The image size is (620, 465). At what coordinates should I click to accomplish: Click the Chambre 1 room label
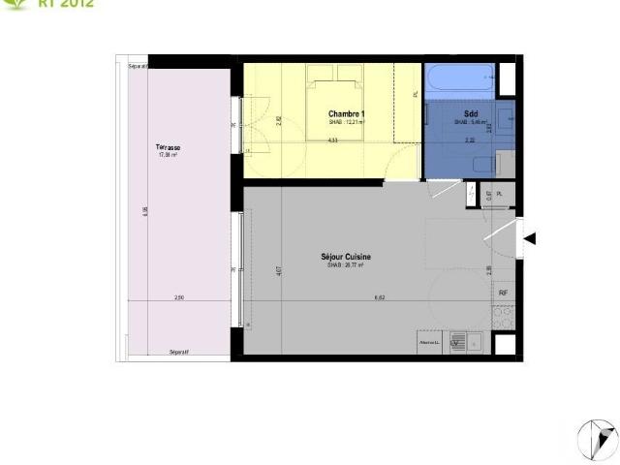(x=347, y=114)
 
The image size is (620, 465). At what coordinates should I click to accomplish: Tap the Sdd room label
(x=471, y=114)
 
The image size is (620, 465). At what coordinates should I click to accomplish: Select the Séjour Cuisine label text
(x=346, y=257)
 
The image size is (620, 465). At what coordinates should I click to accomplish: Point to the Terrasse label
(x=168, y=147)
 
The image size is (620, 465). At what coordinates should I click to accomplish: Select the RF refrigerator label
(x=503, y=293)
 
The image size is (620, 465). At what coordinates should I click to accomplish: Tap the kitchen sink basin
(x=457, y=342)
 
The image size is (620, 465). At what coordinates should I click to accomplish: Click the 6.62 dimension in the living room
(x=380, y=298)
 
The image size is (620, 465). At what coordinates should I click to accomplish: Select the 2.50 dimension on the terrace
(x=179, y=298)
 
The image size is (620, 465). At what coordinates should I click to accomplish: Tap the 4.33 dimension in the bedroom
(x=332, y=140)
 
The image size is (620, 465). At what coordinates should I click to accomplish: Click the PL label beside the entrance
(x=500, y=195)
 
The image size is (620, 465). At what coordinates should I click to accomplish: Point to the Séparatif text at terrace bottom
(x=178, y=352)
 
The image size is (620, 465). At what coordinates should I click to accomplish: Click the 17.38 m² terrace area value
(x=168, y=155)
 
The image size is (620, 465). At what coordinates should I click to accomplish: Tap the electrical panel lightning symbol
(x=471, y=194)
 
